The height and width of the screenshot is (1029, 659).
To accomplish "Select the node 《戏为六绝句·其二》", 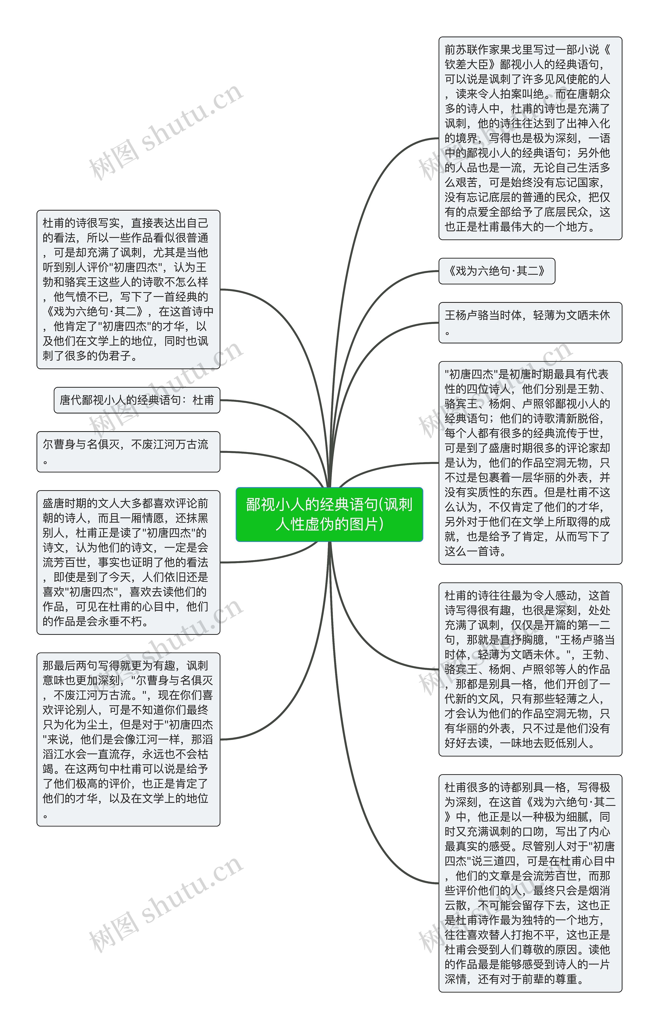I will [x=496, y=271].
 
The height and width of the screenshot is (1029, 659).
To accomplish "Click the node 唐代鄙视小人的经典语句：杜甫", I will [x=136, y=400].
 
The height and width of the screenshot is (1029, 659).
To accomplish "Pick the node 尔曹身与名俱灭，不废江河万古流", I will [x=128, y=451].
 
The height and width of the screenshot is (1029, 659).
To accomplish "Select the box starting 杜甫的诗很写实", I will [x=128, y=289].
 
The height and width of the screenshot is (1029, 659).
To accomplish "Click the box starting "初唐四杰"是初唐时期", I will [x=530, y=463].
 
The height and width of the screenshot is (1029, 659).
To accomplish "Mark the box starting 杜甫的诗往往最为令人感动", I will [x=530, y=669].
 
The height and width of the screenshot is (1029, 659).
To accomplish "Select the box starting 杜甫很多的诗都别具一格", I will [x=530, y=883].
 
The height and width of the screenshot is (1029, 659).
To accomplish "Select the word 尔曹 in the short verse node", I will [x=54, y=445].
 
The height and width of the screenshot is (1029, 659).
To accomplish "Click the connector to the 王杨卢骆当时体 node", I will [x=385, y=338].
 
